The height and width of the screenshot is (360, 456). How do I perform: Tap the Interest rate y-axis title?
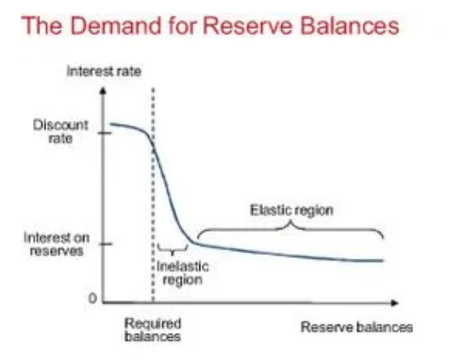(104, 72)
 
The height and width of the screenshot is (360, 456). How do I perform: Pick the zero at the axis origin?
(92, 298)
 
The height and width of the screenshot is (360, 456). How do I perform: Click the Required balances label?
(153, 330)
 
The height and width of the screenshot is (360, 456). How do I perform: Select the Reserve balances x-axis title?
(356, 327)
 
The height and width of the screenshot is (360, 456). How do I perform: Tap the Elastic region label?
(291, 209)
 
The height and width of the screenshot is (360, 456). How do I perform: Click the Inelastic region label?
(182, 273)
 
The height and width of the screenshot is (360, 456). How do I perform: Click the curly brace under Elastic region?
(290, 229)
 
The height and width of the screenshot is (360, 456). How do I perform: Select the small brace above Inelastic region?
(173, 251)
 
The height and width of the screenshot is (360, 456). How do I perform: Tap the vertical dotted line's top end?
(153, 90)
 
